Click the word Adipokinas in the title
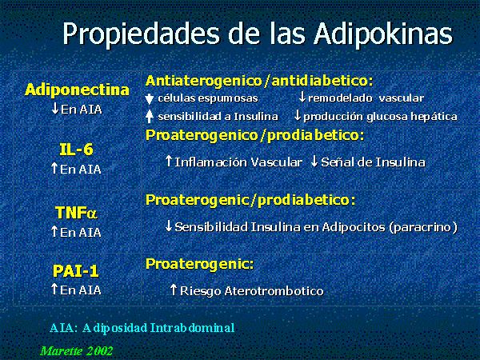(383, 34)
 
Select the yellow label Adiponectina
(77, 90)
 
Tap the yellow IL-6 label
(76, 150)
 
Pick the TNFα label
(76, 213)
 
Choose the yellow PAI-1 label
(76, 271)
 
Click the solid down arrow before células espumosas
(149, 99)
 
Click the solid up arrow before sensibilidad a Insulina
(149, 116)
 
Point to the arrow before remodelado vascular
(302, 98)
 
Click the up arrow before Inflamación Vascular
(169, 162)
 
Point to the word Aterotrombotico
(274, 291)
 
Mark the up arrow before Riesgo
(174, 290)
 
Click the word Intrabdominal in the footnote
(192, 328)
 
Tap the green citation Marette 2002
(77, 350)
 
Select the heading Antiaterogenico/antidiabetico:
(259, 81)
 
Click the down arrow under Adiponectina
(55, 108)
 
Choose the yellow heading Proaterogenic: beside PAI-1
(199, 264)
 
